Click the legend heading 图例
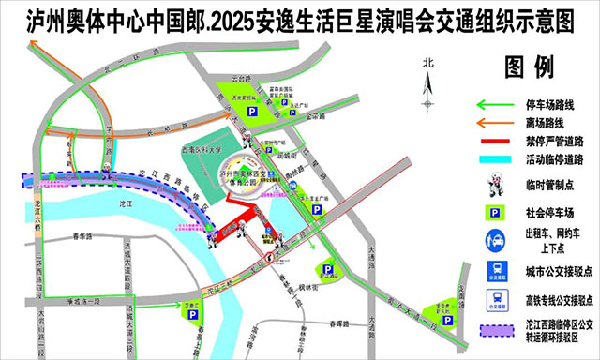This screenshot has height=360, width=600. (x=529, y=67)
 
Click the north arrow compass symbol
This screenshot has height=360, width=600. (x=429, y=84)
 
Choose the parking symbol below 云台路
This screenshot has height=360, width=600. (x=251, y=112)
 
